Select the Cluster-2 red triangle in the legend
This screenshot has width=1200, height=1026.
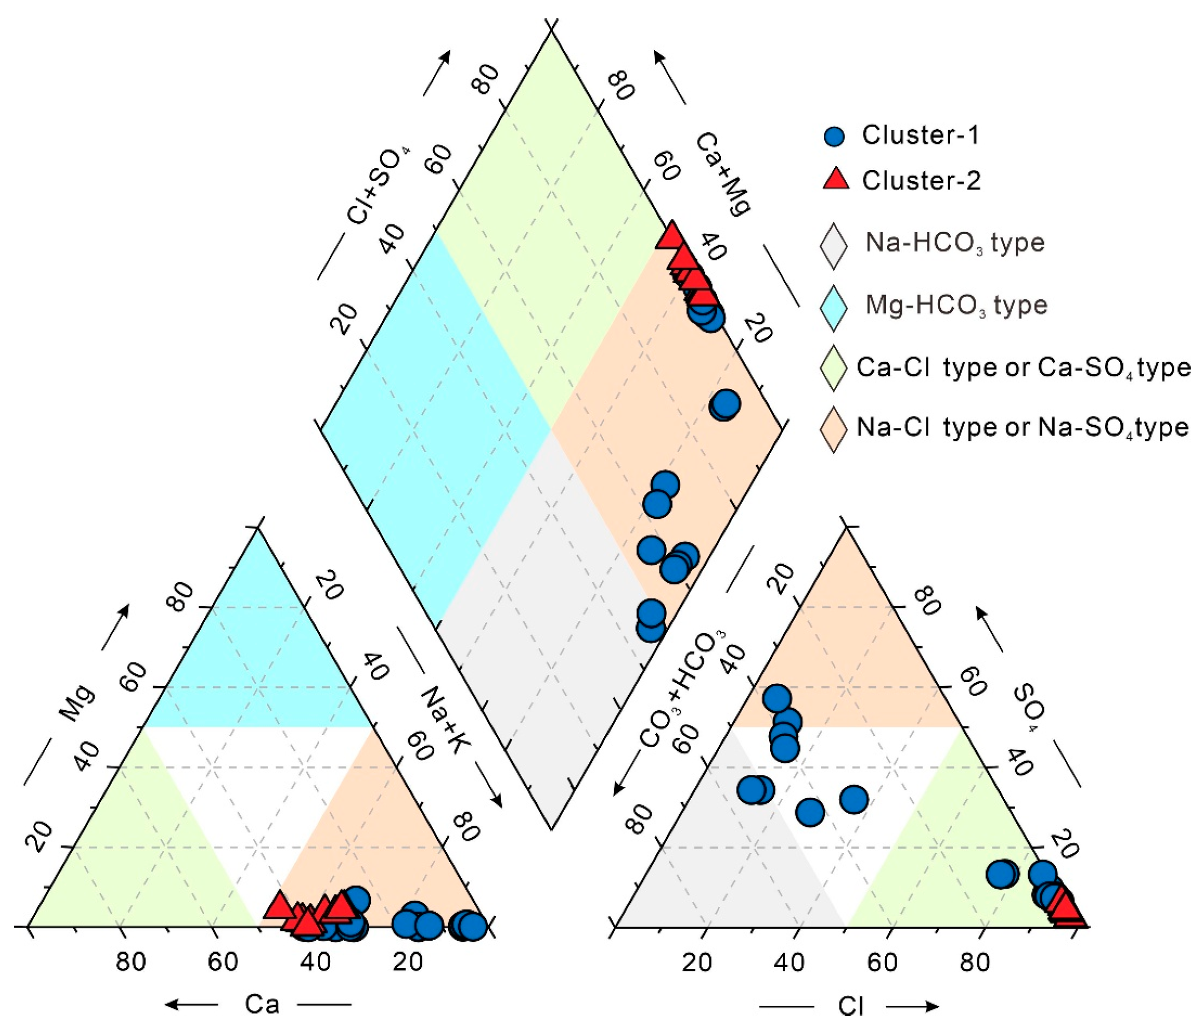tap(836, 179)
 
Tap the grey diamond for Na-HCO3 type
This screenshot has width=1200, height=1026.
tap(833, 246)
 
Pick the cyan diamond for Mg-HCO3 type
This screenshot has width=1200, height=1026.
tap(833, 308)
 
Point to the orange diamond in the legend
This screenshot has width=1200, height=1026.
tap(833, 429)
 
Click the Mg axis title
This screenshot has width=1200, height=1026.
tap(77, 703)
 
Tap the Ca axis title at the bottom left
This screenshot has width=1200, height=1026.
tap(262, 1004)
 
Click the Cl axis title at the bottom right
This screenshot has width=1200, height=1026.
tap(850, 1006)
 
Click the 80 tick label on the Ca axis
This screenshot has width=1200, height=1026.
tap(130, 962)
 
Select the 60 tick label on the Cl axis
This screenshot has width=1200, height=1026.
tap(882, 962)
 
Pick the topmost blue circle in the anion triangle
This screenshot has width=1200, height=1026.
tap(776, 698)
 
